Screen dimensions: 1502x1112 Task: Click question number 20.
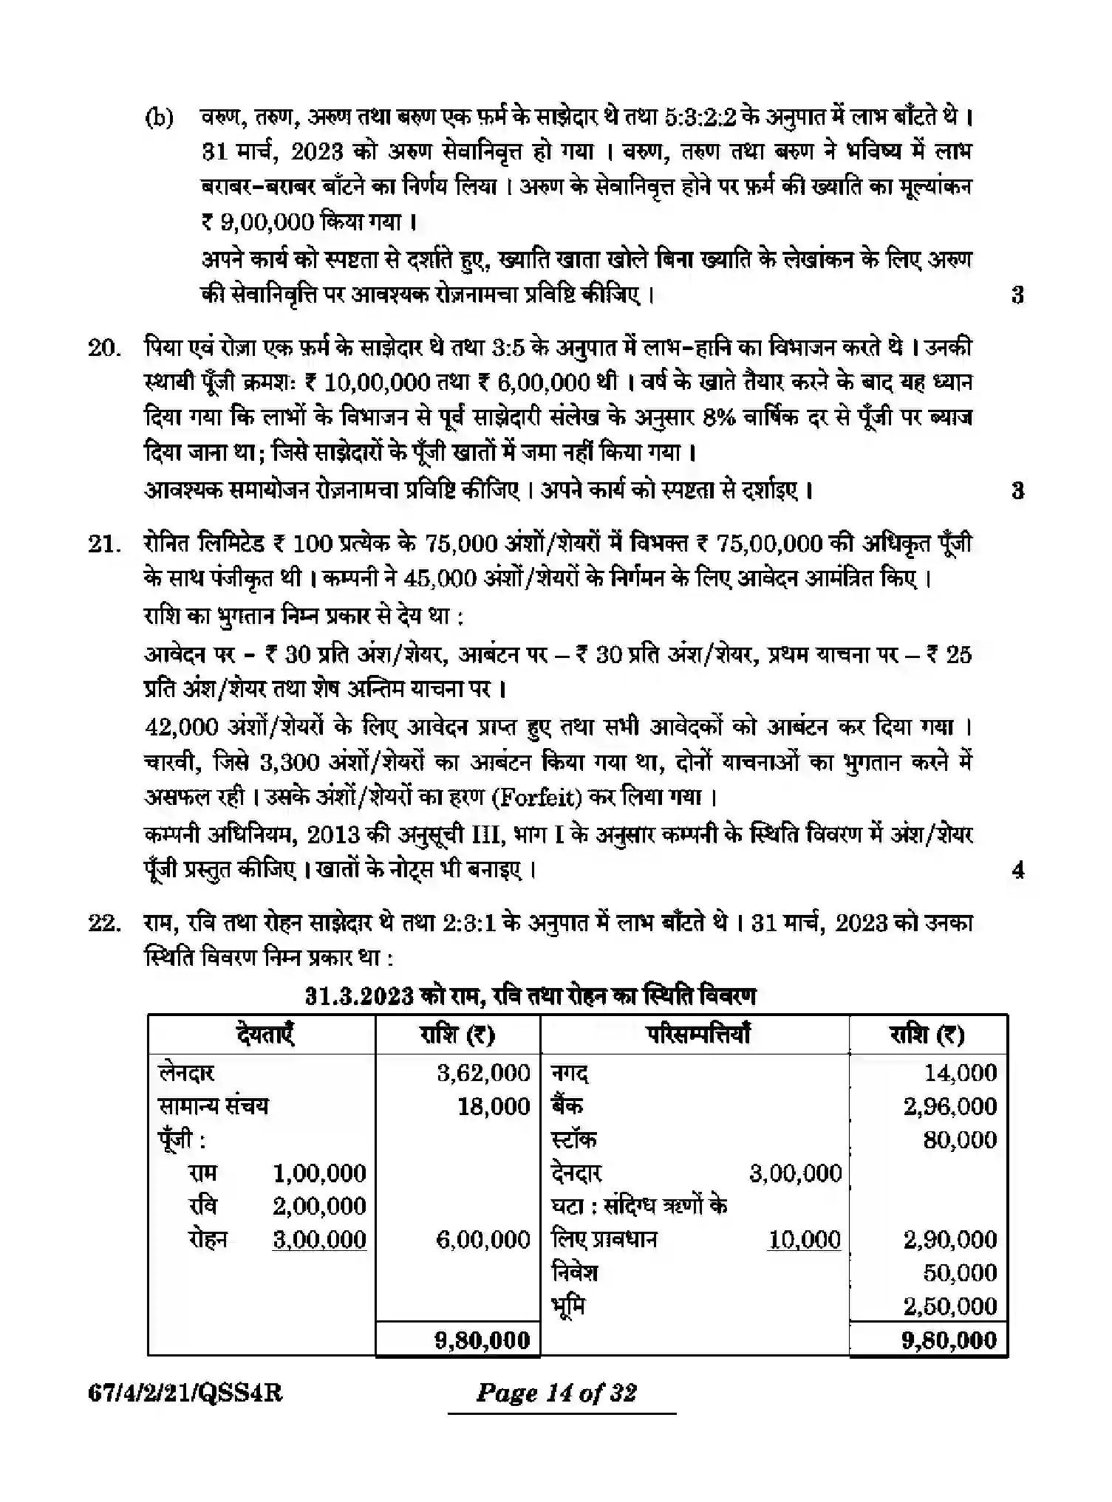click(x=103, y=348)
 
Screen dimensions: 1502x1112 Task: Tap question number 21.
click(x=103, y=544)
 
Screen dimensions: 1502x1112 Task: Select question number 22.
click(x=103, y=924)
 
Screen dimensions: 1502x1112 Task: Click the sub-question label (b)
click(x=159, y=117)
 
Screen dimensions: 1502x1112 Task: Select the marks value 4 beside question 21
click(x=1017, y=871)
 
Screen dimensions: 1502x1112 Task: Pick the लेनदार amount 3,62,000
click(x=483, y=1073)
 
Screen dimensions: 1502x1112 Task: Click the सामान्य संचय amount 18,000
click(x=493, y=1106)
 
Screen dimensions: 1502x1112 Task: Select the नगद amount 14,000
click(x=961, y=1073)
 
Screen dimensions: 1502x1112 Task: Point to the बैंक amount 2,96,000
click(x=949, y=1106)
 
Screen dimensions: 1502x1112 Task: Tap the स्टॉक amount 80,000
click(x=960, y=1139)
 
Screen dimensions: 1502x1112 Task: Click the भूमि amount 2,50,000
click(x=949, y=1306)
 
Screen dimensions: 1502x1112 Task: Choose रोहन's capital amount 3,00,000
click(x=319, y=1239)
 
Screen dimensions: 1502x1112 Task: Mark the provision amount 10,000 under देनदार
click(x=804, y=1239)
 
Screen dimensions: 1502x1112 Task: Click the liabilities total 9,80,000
click(x=482, y=1340)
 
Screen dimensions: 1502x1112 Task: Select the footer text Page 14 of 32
click(x=556, y=1393)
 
